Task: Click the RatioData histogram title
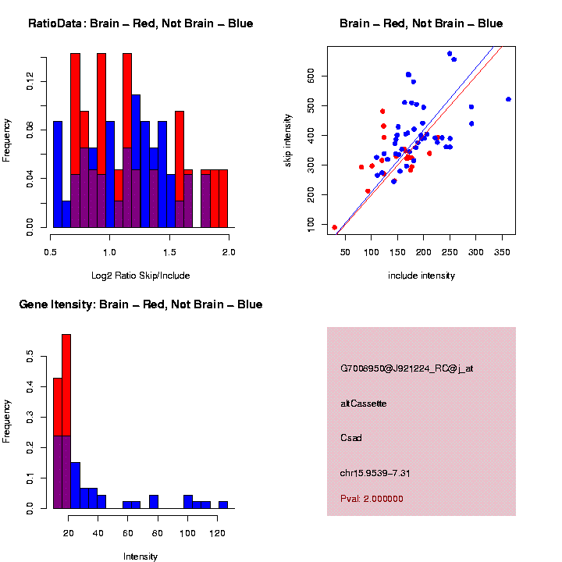(140, 23)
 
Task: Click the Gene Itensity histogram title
(140, 304)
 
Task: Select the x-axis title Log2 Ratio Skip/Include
(140, 275)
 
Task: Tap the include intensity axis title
(421, 276)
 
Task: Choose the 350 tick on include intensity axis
(493, 252)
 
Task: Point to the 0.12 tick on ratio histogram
(30, 80)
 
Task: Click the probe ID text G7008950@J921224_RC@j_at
(407, 368)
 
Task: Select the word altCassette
(364, 404)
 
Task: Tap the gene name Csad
(352, 437)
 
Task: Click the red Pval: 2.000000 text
(372, 498)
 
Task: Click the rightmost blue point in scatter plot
(509, 99)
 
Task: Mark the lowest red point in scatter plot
(335, 228)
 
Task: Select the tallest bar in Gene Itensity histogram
(66, 421)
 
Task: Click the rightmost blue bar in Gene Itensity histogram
(223, 505)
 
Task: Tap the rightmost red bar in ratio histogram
(223, 198)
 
